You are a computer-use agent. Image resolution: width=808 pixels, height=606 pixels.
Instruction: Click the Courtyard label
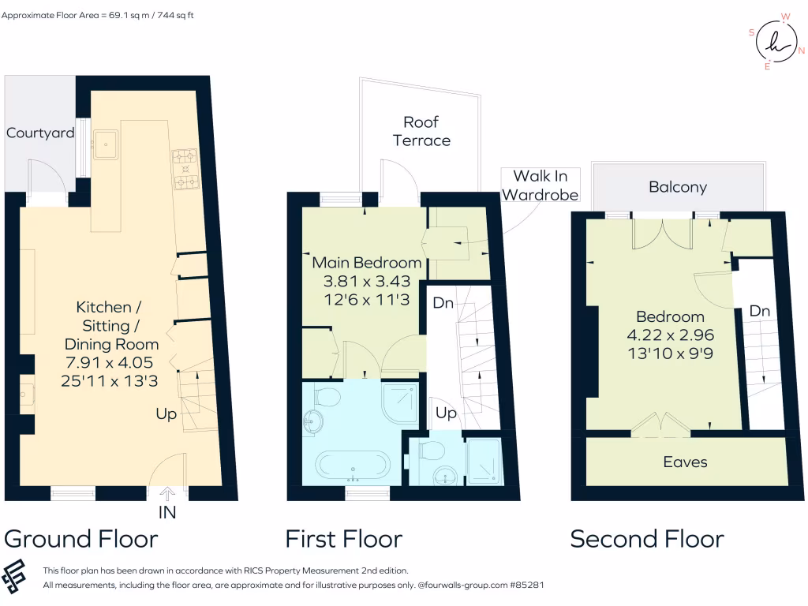pyautogui.click(x=40, y=133)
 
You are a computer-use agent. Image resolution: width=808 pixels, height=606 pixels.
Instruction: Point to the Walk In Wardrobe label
pyautogui.click(x=541, y=185)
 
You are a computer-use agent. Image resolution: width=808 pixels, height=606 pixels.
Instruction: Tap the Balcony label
pyautogui.click(x=677, y=187)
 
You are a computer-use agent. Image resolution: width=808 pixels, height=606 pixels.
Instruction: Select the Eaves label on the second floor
pyautogui.click(x=685, y=462)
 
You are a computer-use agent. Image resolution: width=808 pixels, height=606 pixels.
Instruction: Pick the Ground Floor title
pyautogui.click(x=81, y=539)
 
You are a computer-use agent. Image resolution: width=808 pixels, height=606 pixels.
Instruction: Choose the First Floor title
pyautogui.click(x=344, y=539)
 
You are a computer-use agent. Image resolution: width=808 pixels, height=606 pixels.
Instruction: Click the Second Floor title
pyautogui.click(x=647, y=539)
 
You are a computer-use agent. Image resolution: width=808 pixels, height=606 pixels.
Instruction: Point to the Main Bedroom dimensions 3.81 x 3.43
pyautogui.click(x=366, y=281)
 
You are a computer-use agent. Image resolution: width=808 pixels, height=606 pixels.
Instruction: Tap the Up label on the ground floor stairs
pyautogui.click(x=166, y=413)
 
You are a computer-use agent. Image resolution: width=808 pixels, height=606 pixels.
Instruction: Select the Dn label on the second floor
pyautogui.click(x=759, y=312)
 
